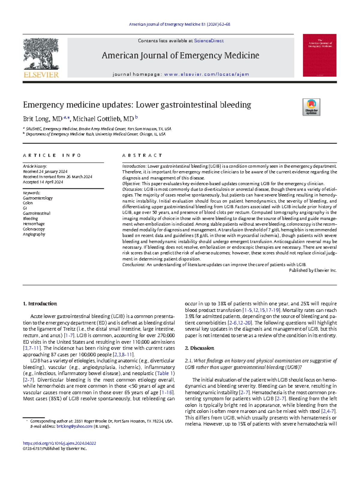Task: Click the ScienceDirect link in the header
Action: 209,41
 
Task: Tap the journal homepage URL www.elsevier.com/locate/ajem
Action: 206,74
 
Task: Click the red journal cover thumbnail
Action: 319,55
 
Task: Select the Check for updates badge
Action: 311,107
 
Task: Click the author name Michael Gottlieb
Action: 103,119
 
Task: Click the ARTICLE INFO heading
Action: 52,155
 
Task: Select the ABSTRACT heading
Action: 142,155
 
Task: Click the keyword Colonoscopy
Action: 34,229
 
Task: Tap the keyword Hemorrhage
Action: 34,224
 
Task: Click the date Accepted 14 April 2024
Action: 43,182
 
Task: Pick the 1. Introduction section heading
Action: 40,304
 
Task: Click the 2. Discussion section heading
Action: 199,348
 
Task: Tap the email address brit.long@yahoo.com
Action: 74,426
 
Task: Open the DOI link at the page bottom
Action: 59,443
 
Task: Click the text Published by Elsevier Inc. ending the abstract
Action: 313,270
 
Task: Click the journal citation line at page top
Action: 179,24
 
